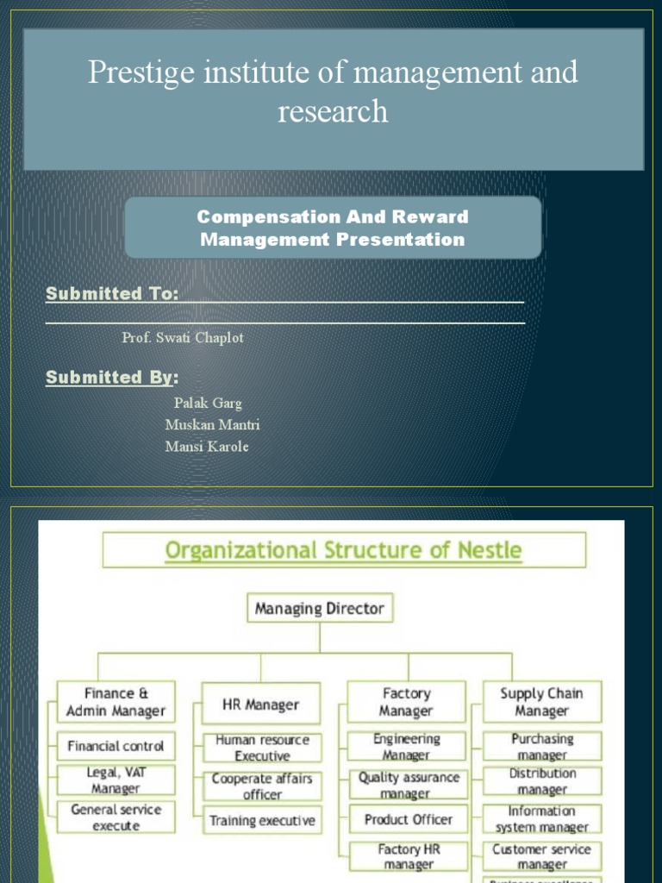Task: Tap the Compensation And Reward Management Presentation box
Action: (x=333, y=228)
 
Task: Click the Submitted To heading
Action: (x=112, y=293)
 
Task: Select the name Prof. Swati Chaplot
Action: (x=183, y=338)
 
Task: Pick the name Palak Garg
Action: (x=208, y=403)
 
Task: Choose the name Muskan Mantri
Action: (x=212, y=424)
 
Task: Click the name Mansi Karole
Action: (x=207, y=446)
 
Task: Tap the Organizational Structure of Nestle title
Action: (x=344, y=549)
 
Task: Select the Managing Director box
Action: (x=319, y=608)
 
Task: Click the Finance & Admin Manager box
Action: (x=116, y=702)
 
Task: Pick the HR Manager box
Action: (x=260, y=704)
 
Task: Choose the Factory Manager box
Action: (x=406, y=702)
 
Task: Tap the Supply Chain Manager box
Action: (x=541, y=702)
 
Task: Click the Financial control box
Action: (x=116, y=746)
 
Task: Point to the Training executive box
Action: (x=262, y=821)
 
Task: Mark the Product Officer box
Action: (x=408, y=819)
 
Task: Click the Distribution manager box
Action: (x=542, y=781)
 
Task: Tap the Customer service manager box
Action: (x=542, y=856)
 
